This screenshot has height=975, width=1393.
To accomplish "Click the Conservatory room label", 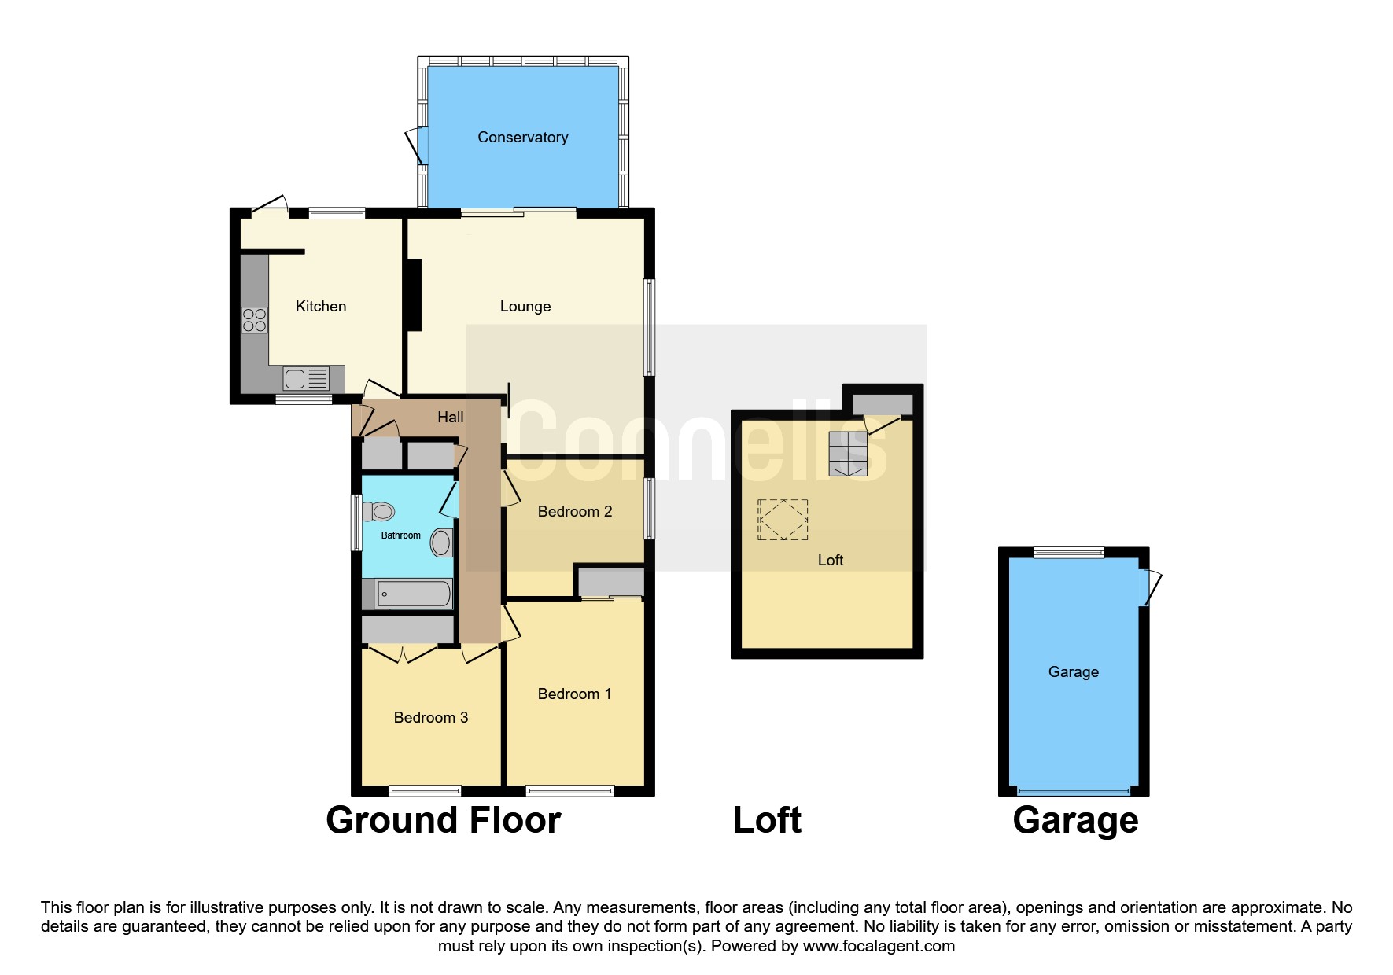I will coord(522,138).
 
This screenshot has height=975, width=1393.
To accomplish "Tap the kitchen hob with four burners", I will coord(254,320).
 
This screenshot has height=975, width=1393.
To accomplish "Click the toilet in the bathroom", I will coord(379,512).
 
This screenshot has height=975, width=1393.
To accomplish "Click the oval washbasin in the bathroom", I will coord(442,543).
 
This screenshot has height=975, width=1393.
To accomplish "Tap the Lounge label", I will coord(525,307).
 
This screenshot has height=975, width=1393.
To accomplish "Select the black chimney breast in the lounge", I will coord(414,295).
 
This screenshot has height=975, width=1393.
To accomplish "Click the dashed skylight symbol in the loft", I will coord(783,520).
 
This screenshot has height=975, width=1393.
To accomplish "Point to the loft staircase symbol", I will coord(848,454).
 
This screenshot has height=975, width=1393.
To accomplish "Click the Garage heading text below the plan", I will coord(1074,820).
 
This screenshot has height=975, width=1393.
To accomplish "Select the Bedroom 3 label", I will coord(430,717).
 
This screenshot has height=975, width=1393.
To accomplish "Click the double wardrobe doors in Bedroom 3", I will coord(404,653).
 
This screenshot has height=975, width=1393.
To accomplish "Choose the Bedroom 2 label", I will coord(574,512).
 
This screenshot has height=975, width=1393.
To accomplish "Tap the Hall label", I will coord(450,418).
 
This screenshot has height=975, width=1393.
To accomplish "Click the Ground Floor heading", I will coord(443,820).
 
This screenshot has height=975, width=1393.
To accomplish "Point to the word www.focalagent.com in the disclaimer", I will coord(879,946).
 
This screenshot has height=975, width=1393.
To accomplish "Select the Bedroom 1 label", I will coord(574,694).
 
